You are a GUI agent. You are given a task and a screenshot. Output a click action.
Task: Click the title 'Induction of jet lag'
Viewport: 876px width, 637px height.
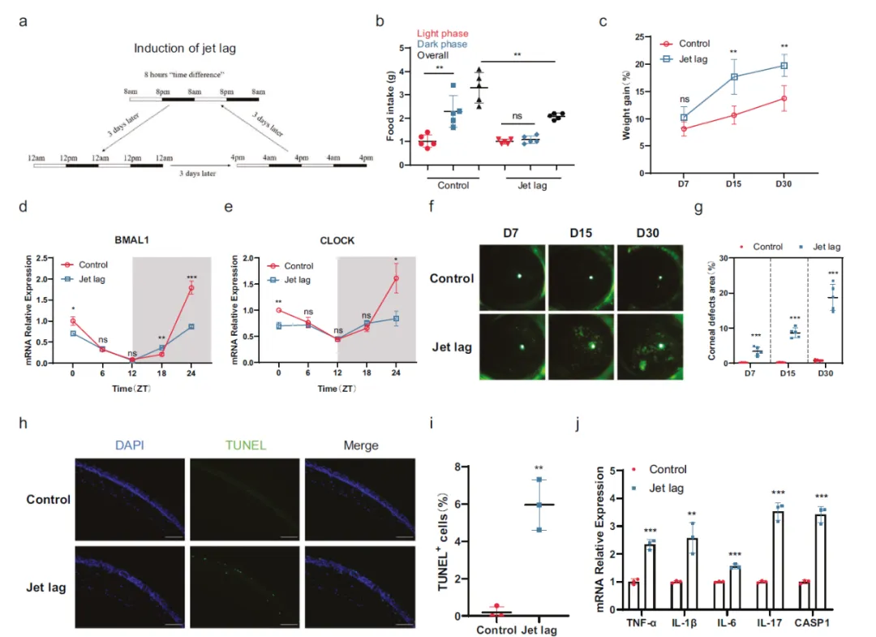[184, 49]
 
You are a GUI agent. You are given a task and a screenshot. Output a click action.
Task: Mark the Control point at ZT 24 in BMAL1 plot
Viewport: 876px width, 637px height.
[191, 288]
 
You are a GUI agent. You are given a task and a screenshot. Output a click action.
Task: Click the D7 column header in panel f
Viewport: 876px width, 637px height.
[512, 233]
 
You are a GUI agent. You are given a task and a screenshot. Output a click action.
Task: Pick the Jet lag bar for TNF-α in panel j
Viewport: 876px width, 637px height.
[650, 582]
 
